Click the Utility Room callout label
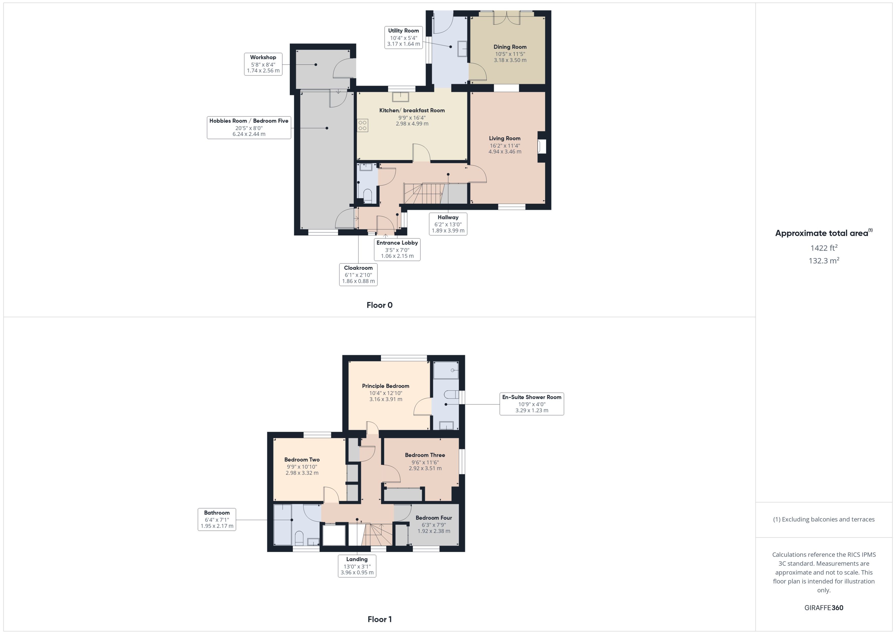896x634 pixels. [x=403, y=37]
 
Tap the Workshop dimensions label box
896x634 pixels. [x=263, y=64]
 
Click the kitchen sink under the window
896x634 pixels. [x=401, y=96]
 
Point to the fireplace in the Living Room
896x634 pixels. [x=542, y=146]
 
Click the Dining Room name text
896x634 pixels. [x=510, y=47]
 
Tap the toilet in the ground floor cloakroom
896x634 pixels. [x=367, y=195]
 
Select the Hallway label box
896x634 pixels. [x=448, y=224]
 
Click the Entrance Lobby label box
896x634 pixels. [x=397, y=249]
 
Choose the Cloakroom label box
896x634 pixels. [x=358, y=274]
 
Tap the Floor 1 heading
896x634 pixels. [x=379, y=619]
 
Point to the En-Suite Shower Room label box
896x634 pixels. [x=531, y=404]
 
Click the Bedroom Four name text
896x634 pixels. [x=433, y=518]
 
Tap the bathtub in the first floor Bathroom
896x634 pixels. [x=282, y=525]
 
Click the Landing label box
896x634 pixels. [x=357, y=566]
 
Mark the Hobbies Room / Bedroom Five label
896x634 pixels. [x=249, y=127]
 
